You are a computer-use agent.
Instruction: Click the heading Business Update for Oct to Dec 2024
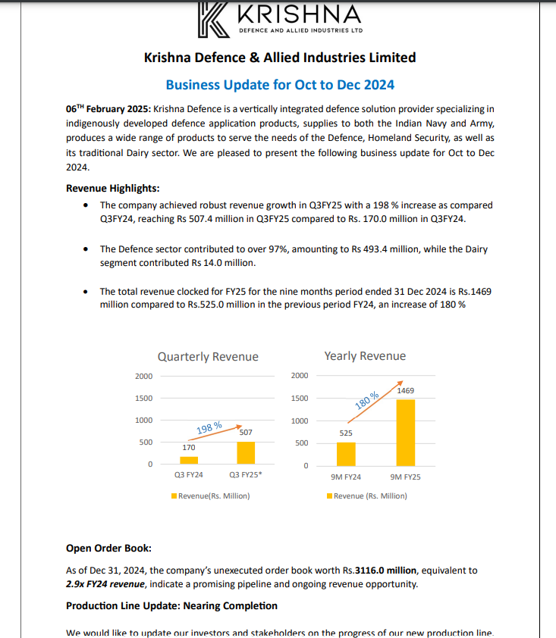coord(280,84)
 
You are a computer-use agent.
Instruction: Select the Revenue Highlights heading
coord(112,189)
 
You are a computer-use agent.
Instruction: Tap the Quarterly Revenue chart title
coord(208,357)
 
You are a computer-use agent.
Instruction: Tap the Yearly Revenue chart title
coord(365,356)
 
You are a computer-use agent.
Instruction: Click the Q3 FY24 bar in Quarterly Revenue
coord(189,460)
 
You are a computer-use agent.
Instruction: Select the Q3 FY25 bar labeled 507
coord(245,452)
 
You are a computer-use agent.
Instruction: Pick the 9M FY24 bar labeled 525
coord(346,453)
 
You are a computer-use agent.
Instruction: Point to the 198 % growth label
coord(209,428)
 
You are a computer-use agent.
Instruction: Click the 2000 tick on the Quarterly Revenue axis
coord(143,376)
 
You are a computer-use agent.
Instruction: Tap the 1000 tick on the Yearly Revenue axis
coord(300,421)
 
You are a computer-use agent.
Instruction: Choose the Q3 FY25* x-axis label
coord(246,476)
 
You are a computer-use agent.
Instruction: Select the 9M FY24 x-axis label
coord(346,477)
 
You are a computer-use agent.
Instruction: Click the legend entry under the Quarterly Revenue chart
coord(210,496)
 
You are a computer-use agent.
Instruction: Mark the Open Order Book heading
coord(108,548)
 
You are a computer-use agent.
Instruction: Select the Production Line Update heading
coord(171,605)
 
